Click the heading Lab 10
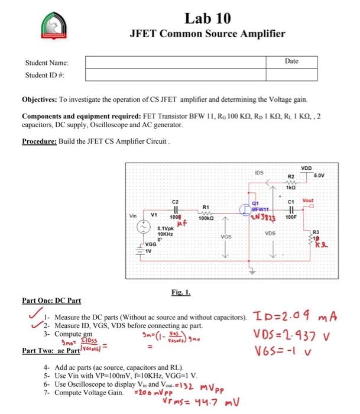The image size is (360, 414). (x=207, y=17)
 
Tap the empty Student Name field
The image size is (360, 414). (x=184, y=62)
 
